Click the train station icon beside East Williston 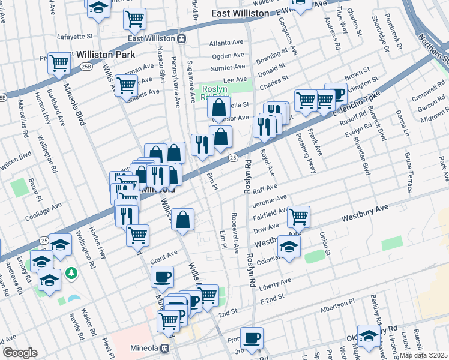click(181, 38)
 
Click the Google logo click(20, 353)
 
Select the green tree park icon click(71, 273)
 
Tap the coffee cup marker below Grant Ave click(162, 277)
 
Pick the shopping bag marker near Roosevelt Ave click(184, 218)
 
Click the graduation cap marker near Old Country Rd click(369, 335)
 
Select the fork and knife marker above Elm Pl click(202, 144)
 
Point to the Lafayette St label click(75, 36)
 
